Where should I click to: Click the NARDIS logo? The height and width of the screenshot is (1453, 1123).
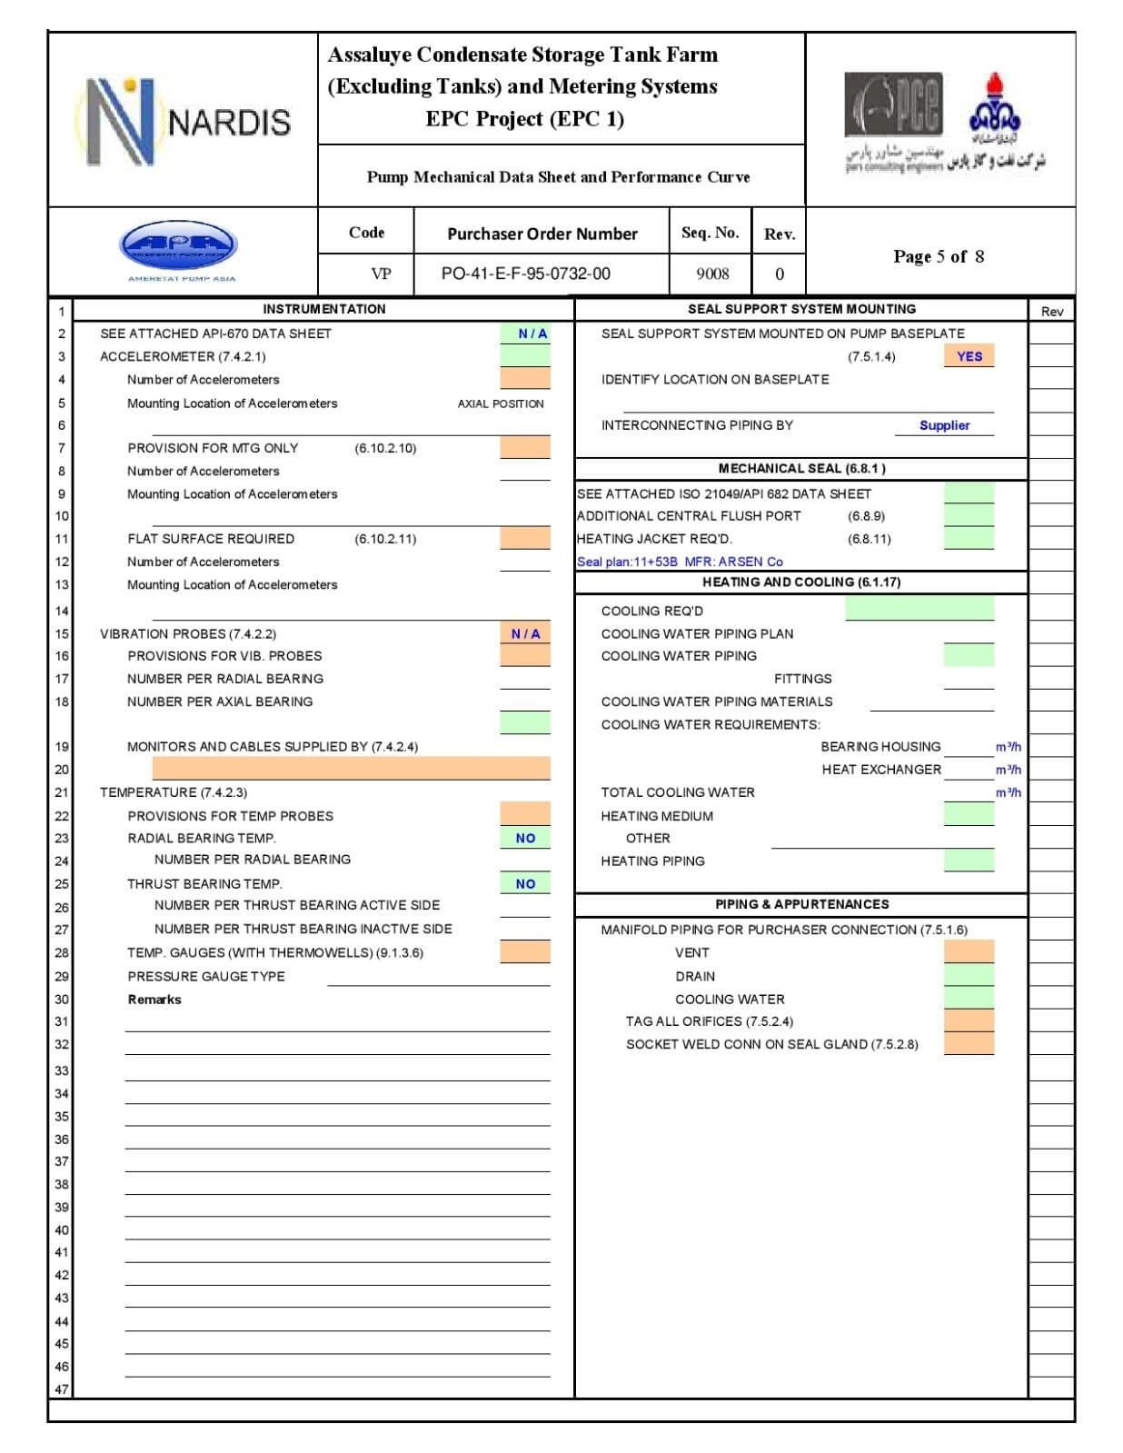(184, 122)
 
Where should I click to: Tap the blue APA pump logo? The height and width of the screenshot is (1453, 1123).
(178, 245)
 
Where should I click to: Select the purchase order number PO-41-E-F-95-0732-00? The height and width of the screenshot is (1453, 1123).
(525, 274)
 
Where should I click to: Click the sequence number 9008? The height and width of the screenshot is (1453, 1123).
(712, 274)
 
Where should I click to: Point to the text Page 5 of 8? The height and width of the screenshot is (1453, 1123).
(939, 256)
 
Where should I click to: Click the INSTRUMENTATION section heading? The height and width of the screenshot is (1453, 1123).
(324, 309)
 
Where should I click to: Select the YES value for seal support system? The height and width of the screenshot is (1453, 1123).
(969, 356)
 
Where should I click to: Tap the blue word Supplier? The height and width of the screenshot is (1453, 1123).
(944, 425)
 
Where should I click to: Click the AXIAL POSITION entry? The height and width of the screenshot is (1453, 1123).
(501, 403)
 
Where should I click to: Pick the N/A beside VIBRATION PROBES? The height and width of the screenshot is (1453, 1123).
(525, 633)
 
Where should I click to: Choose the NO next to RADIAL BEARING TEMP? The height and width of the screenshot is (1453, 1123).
(525, 838)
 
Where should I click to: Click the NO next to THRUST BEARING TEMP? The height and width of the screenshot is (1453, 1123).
(525, 883)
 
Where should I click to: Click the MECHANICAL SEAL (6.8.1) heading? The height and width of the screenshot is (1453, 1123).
(801, 468)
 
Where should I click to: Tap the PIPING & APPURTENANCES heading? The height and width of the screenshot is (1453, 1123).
(801, 904)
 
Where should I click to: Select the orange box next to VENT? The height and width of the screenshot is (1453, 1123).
(969, 951)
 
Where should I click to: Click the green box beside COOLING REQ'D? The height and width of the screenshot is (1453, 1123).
(919, 609)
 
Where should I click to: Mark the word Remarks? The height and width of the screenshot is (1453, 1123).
(154, 1000)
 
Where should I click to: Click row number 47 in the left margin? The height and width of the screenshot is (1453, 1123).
(61, 1389)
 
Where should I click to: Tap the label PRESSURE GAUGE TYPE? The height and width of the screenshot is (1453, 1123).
(206, 976)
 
